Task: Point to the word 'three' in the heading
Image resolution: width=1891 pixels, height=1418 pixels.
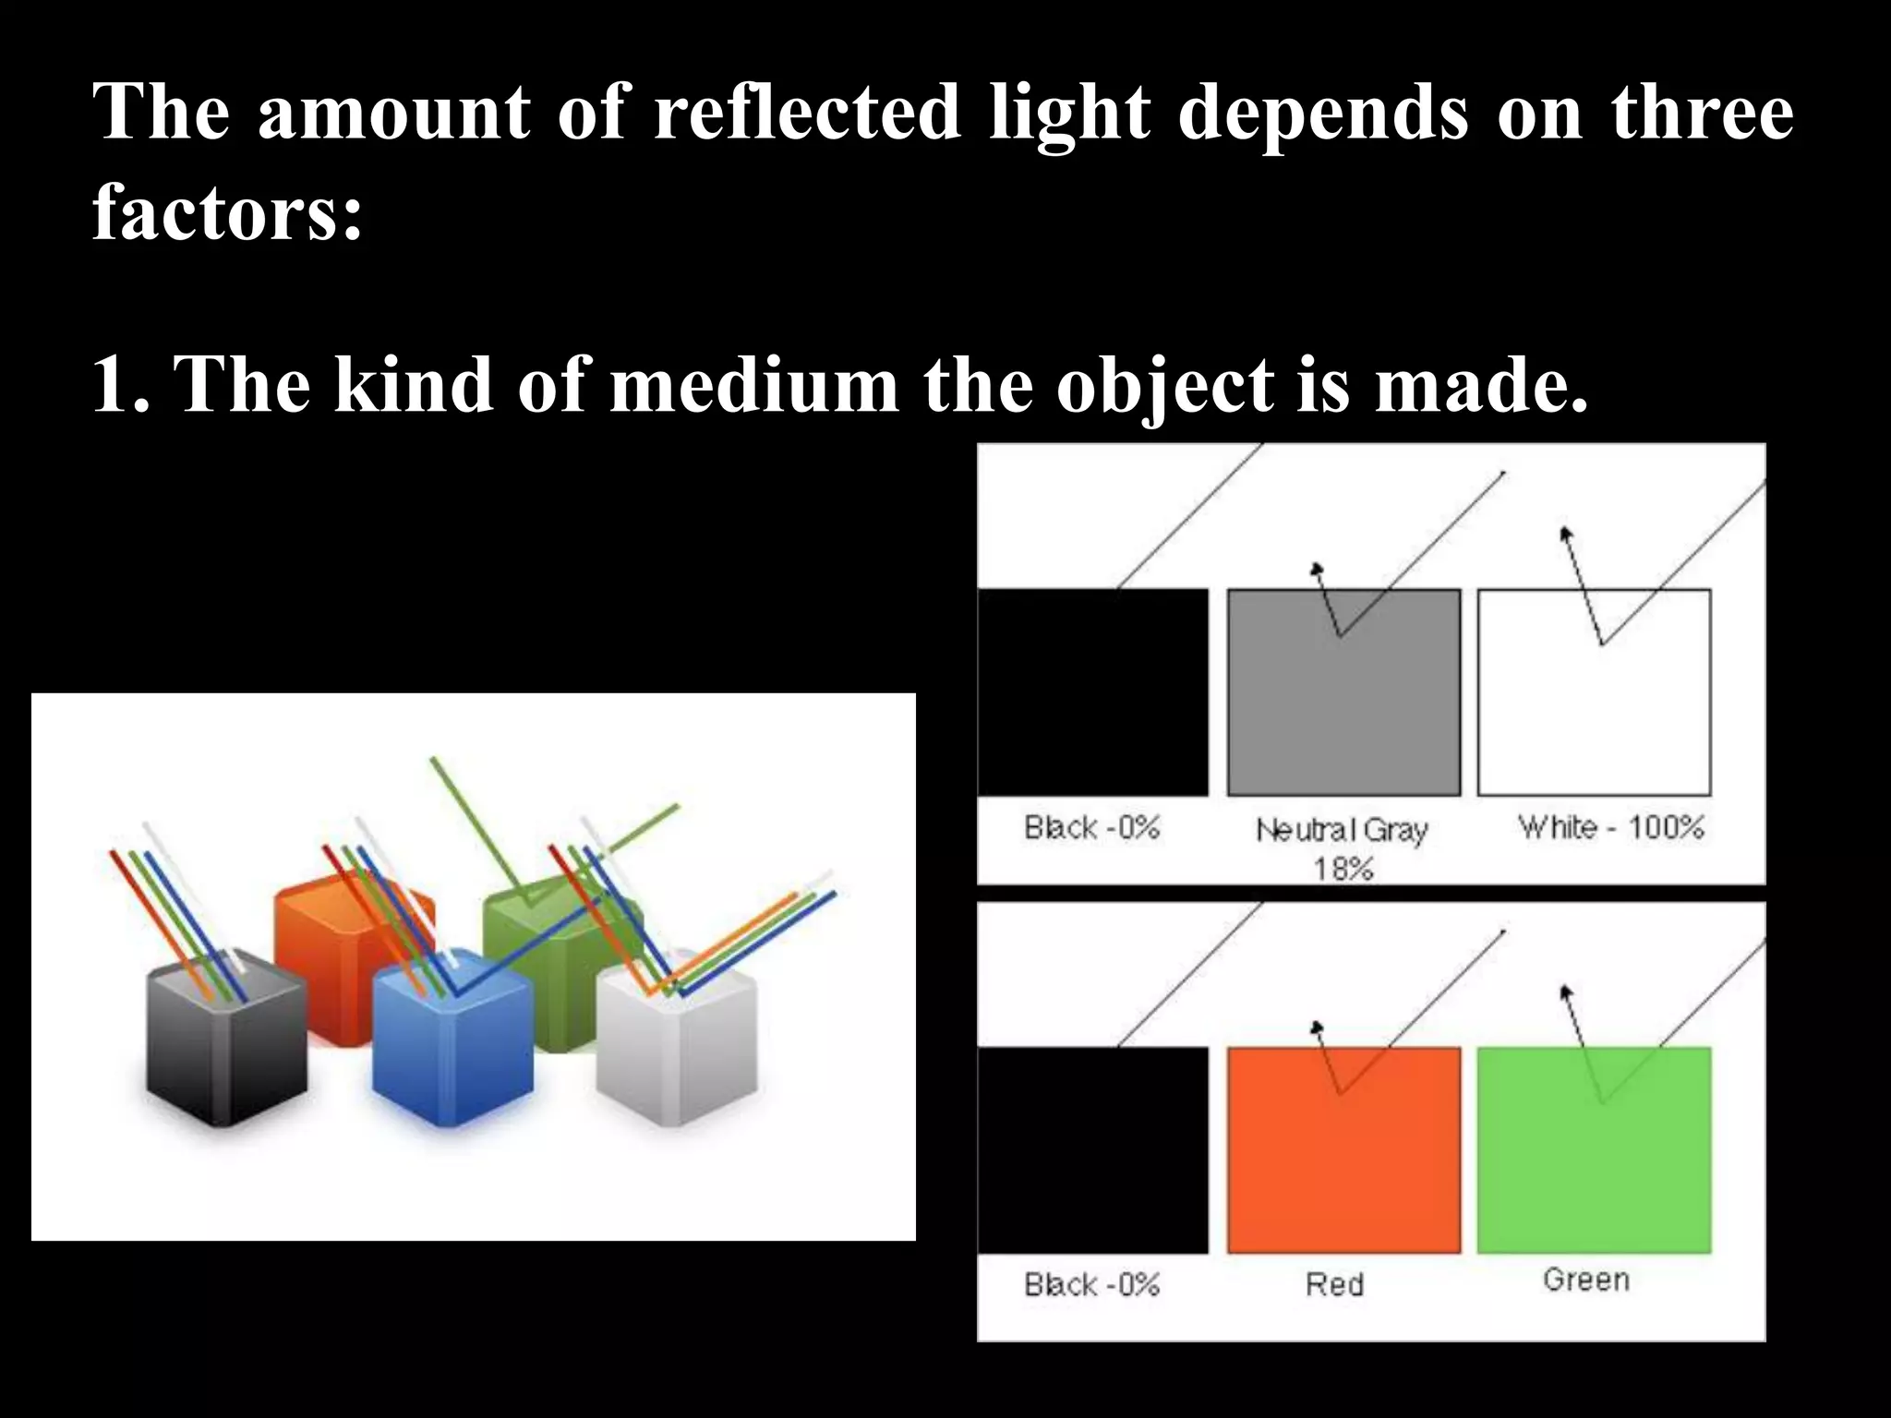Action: click(x=1703, y=113)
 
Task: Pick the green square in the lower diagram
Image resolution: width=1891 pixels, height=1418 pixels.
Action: click(x=1594, y=1172)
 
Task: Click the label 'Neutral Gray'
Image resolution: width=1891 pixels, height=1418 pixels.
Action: click(x=1342, y=830)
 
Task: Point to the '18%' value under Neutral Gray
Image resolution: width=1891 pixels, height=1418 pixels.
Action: click(x=1343, y=869)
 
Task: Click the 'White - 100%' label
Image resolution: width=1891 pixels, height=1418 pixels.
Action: click(x=1611, y=826)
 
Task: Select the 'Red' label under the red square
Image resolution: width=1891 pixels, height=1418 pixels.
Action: click(x=1334, y=1284)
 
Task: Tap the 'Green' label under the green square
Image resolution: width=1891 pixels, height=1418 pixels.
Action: click(x=1586, y=1280)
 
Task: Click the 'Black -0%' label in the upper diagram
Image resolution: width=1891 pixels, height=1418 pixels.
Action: click(x=1091, y=827)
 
